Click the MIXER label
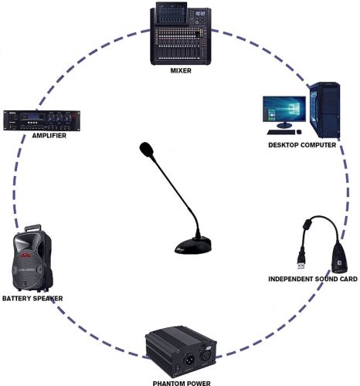181,70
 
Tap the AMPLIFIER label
49,136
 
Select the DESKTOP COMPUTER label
302,145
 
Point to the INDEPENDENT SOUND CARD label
313,279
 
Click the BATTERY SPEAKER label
32,299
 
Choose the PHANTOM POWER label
182,384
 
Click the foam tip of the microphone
146,149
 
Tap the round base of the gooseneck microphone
193,245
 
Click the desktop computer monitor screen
284,108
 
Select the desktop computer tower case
324,110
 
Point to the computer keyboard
281,132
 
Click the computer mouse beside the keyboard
299,132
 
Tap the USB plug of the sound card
301,262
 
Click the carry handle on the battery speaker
32,228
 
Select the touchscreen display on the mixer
172,13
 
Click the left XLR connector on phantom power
188,359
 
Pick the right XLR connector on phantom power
206,354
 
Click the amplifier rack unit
42,120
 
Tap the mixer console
181,33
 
